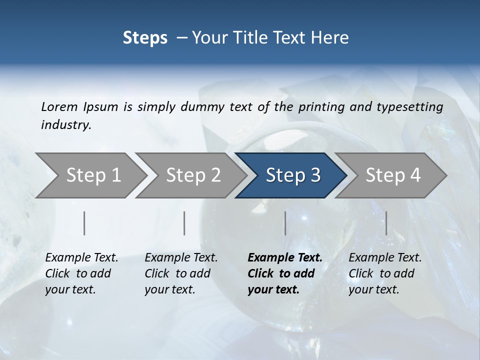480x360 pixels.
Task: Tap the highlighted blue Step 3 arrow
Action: [293, 175]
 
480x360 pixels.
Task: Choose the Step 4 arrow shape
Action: [393, 175]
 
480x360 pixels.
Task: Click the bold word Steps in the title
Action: [145, 37]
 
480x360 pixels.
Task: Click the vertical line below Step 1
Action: [84, 223]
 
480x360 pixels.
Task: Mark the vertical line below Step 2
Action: [184, 223]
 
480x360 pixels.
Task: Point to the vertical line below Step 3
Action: [285, 223]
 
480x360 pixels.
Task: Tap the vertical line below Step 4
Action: [386, 223]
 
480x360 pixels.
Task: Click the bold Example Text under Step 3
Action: [285, 258]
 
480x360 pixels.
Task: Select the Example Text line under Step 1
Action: [81, 258]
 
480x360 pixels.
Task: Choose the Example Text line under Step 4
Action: [385, 258]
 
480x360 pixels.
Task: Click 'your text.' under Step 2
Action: [170, 289]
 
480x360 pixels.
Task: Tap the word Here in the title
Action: [331, 37]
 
